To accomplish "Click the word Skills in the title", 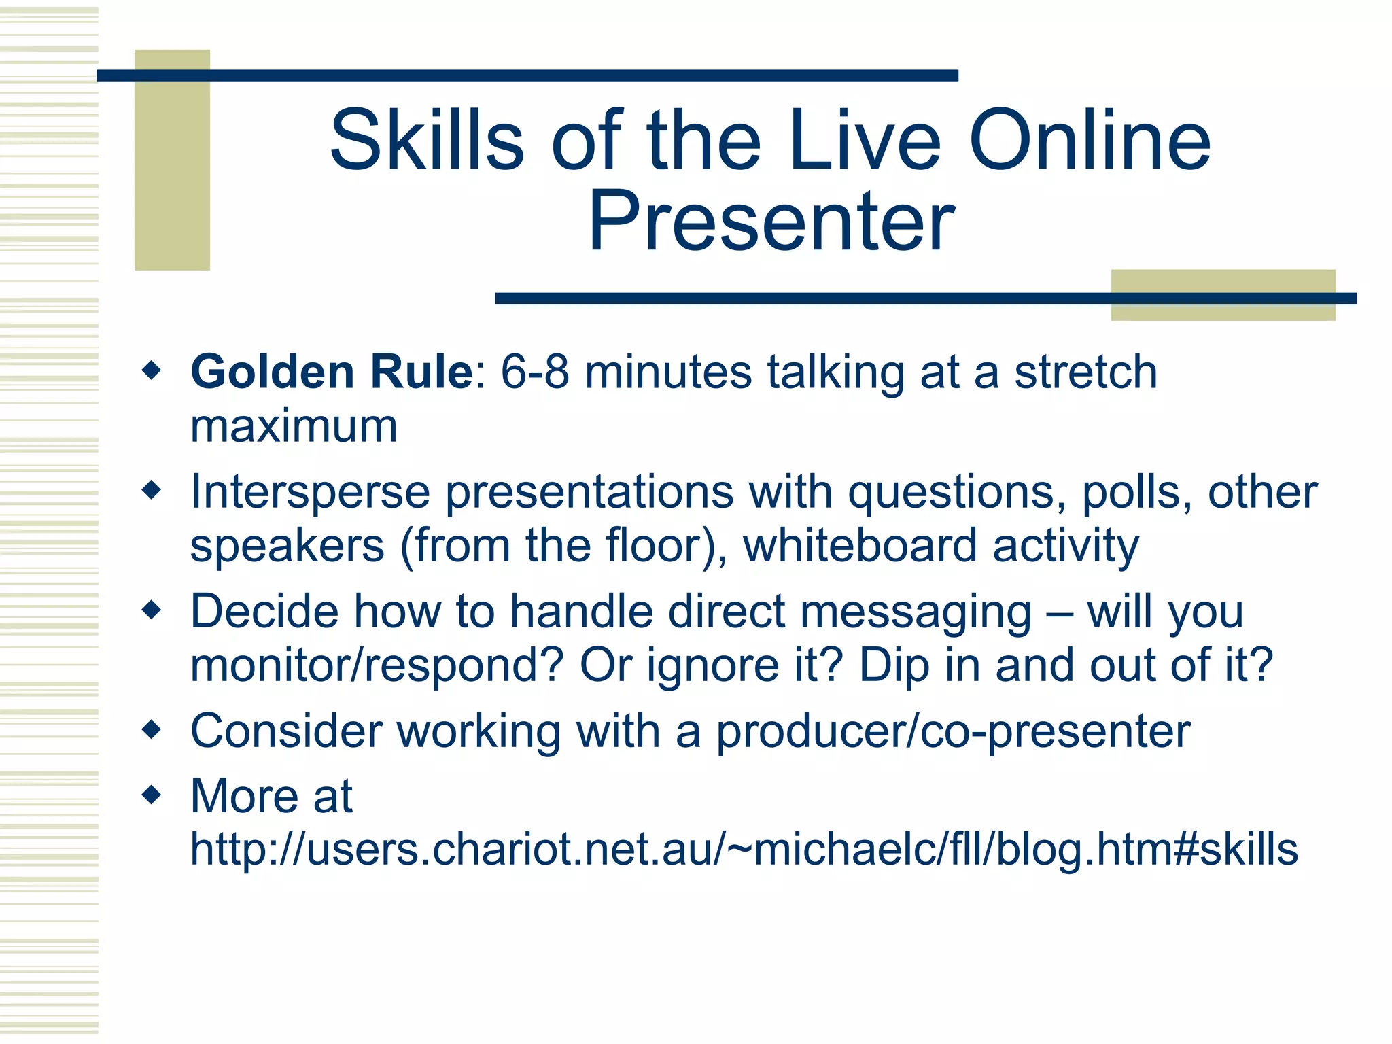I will (x=427, y=141).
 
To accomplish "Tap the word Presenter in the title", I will (x=771, y=222).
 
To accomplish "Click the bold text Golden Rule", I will (x=332, y=372).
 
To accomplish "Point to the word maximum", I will (x=294, y=426).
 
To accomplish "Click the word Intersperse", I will (x=310, y=491).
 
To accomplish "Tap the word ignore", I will (x=712, y=665).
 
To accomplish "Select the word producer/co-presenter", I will (x=953, y=731).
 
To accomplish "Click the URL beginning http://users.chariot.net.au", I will (x=744, y=850).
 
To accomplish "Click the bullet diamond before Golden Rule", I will (x=152, y=371).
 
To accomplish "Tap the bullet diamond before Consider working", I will (x=152, y=730).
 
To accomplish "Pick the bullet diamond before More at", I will (x=152, y=795).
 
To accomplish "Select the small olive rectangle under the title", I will (x=1223, y=309).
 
